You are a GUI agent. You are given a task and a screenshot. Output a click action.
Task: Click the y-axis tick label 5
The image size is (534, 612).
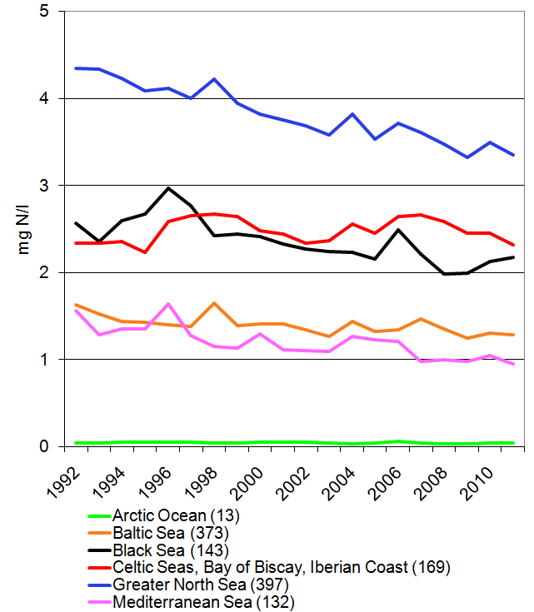point(43,12)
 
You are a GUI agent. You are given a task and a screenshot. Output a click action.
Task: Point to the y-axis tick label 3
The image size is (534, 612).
point(43,186)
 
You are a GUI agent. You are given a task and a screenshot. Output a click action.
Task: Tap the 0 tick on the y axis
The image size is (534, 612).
point(43,447)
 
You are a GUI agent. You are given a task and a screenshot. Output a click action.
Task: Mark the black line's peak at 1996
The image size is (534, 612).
point(168,188)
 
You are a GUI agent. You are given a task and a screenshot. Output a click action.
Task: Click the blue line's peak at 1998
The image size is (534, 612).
point(215,79)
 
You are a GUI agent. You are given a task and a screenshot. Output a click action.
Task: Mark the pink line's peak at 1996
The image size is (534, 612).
point(168,304)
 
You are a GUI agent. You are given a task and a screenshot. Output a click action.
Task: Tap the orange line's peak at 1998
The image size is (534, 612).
point(215,303)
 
